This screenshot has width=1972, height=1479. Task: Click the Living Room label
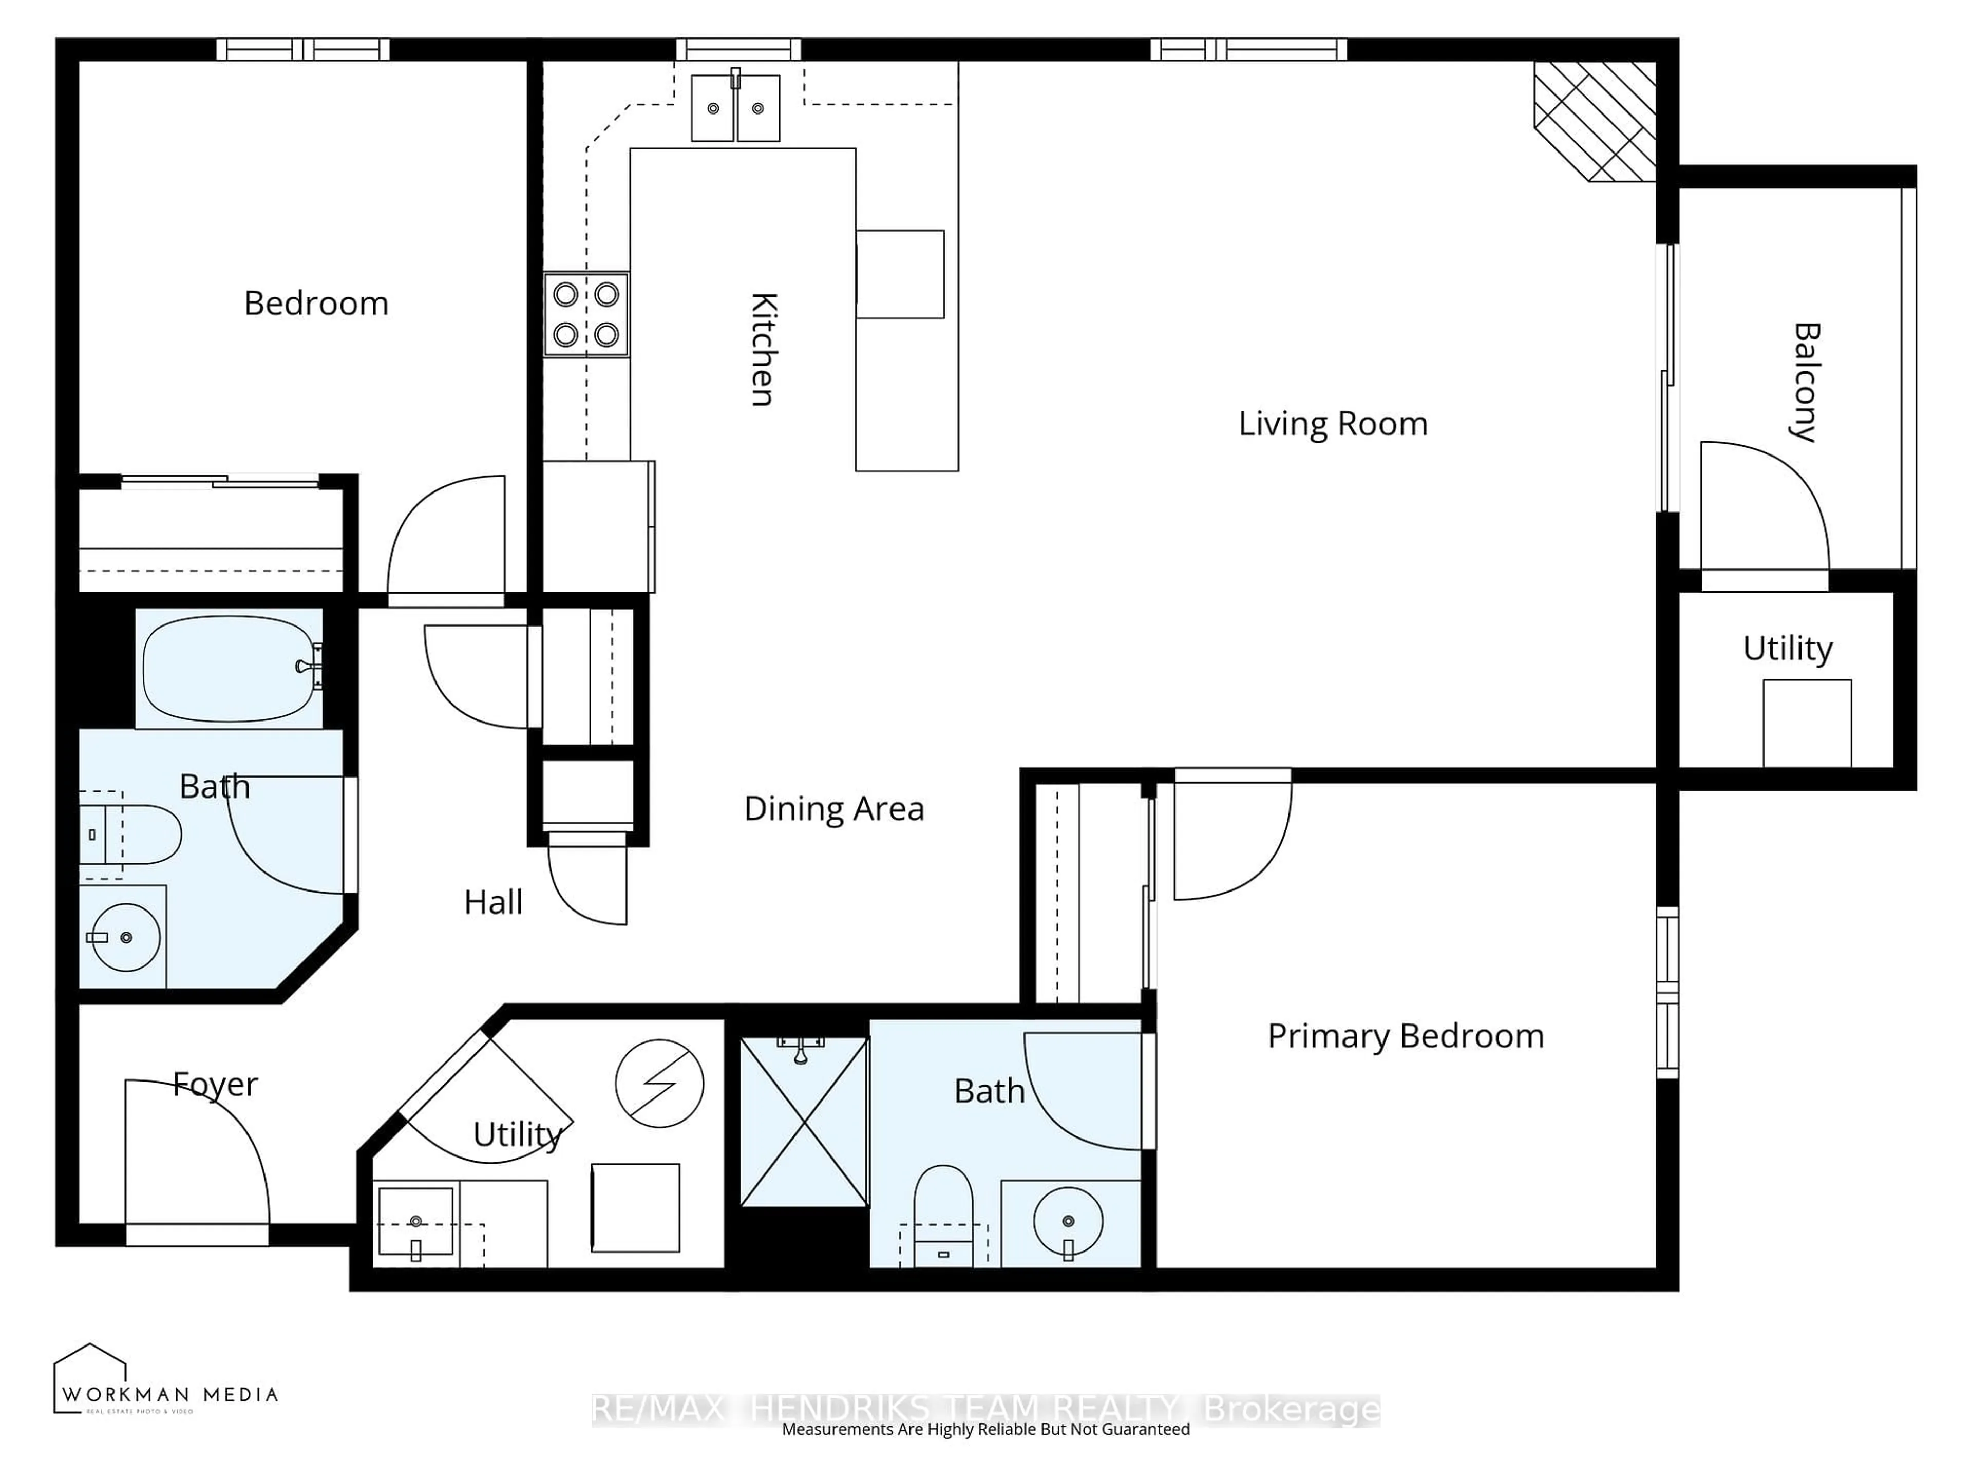click(x=1332, y=424)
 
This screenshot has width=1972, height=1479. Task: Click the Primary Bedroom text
click(x=1405, y=1036)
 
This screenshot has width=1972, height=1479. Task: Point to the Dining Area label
click(x=833, y=809)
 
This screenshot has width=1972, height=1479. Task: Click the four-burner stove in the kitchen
click(x=586, y=315)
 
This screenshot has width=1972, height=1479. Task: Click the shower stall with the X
click(x=804, y=1122)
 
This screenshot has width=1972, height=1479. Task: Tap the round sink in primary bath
click(x=1068, y=1221)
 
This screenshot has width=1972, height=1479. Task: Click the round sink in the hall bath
click(x=126, y=937)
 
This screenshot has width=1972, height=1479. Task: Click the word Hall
click(x=493, y=902)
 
